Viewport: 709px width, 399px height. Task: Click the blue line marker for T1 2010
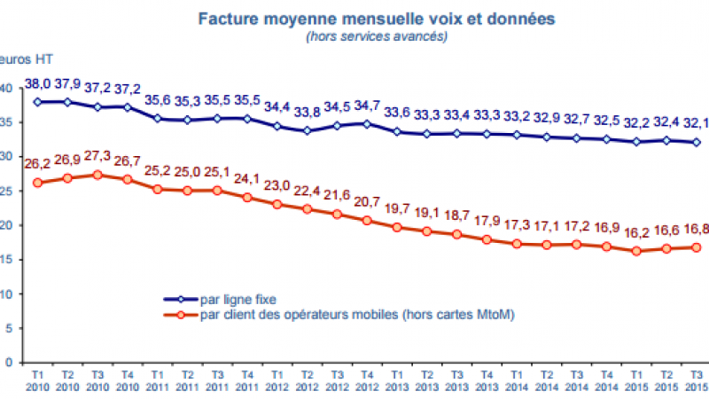pos(37,102)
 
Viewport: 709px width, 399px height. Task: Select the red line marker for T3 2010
pos(99,175)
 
